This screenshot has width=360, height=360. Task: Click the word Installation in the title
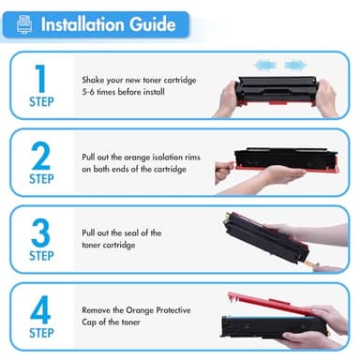(x=83, y=23)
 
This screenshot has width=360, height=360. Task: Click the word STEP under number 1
(x=40, y=102)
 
